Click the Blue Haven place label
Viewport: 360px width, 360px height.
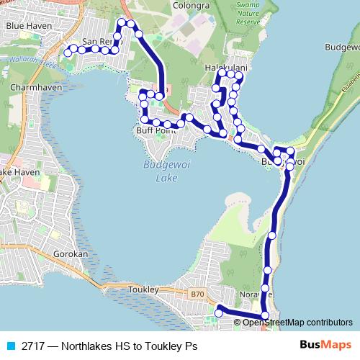coord(25,25)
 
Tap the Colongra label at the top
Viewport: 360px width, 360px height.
coord(191,5)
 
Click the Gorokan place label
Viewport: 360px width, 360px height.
coord(70,255)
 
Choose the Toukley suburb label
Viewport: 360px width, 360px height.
coord(142,289)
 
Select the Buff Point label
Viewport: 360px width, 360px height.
coord(156,131)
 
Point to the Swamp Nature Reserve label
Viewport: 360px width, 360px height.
coord(248,14)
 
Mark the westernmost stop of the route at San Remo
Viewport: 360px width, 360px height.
coord(67,52)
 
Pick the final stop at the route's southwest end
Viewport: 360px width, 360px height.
coord(219,312)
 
